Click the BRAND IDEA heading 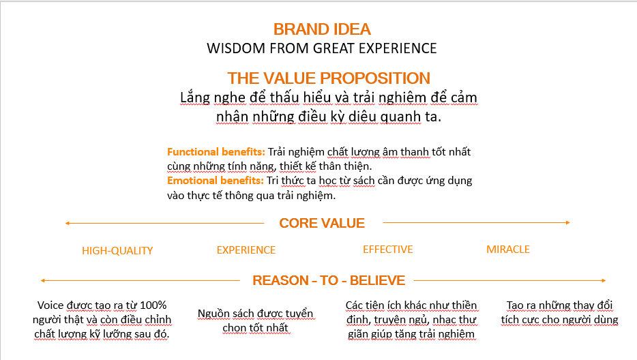[322, 29]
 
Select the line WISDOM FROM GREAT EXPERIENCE [322, 48]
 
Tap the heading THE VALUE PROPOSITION [329, 78]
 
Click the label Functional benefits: [216, 152]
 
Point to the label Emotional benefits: [216, 181]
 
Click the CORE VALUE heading [322, 223]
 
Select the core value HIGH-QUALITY [117, 251]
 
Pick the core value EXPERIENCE [246, 250]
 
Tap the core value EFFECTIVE [388, 250]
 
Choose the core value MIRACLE [508, 250]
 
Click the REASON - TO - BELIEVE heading [329, 280]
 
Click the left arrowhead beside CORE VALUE [68, 223]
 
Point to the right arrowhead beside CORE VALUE [568, 223]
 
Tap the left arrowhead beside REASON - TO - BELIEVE [43, 280]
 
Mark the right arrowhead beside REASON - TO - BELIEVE [604, 280]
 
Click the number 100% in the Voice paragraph [153, 305]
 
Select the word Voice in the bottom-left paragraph [50, 305]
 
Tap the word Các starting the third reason [354, 305]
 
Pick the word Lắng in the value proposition [195, 98]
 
